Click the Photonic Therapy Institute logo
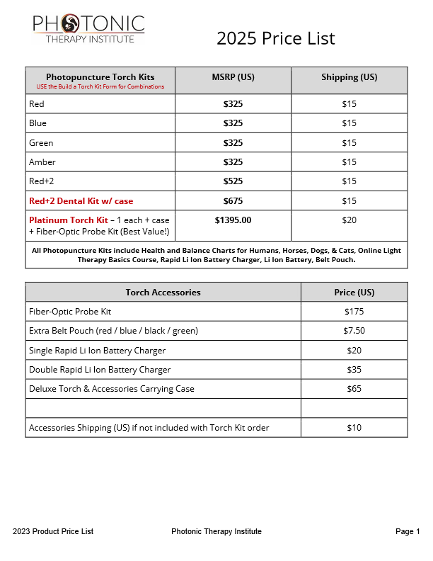click(88, 28)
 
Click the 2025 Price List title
click(276, 38)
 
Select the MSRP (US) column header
click(233, 77)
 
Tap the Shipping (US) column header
click(349, 77)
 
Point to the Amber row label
click(42, 162)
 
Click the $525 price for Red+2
click(233, 181)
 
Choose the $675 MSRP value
click(233, 200)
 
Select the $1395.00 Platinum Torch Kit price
click(233, 220)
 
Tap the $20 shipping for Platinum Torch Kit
click(349, 220)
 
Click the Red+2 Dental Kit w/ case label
click(81, 200)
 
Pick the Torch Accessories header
click(163, 292)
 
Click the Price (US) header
click(354, 292)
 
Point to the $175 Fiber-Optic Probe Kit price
click(354, 312)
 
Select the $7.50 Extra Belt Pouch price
click(354, 331)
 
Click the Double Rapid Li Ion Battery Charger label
click(100, 370)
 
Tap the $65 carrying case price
click(354, 389)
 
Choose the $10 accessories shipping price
click(354, 428)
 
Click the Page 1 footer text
click(408, 532)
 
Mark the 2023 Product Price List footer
click(53, 532)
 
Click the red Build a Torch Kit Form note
click(100, 87)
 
